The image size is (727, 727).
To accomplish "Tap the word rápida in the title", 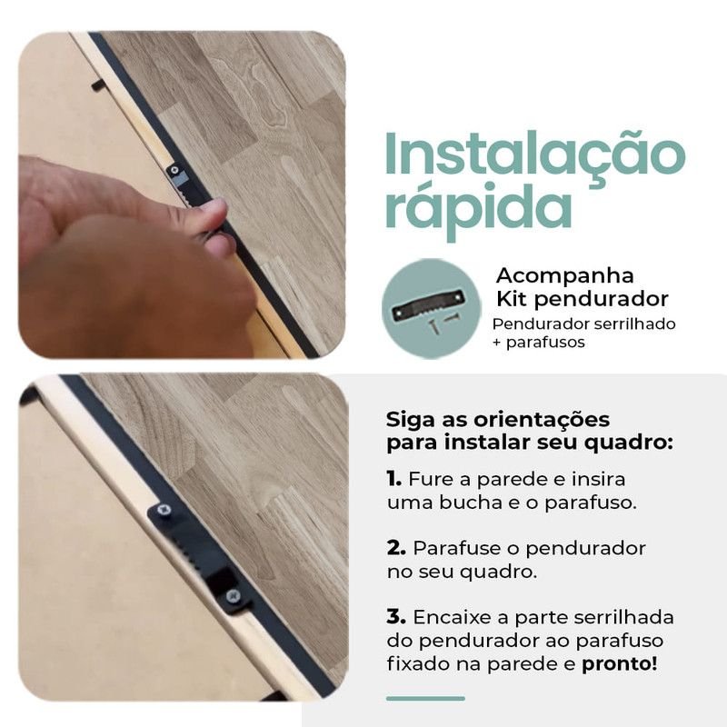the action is click(479, 210).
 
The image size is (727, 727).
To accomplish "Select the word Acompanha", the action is click(564, 275).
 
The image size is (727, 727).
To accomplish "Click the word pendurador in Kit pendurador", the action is click(601, 299).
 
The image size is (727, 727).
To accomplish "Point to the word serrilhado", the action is click(634, 324).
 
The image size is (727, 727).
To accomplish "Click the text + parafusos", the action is click(539, 343).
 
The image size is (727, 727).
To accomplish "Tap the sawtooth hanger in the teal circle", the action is click(427, 304).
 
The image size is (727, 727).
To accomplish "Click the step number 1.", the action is click(394, 479).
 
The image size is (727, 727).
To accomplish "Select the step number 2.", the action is click(396, 548).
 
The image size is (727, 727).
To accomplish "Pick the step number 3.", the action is click(396, 617).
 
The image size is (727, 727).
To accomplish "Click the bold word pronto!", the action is click(620, 664).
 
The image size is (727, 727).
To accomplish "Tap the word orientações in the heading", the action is click(542, 420).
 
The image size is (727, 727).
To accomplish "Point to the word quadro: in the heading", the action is click(628, 443).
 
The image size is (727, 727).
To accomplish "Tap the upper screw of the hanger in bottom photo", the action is click(164, 510).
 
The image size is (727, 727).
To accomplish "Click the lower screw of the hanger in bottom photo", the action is click(233, 595).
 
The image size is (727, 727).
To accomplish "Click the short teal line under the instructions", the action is click(425, 698).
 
